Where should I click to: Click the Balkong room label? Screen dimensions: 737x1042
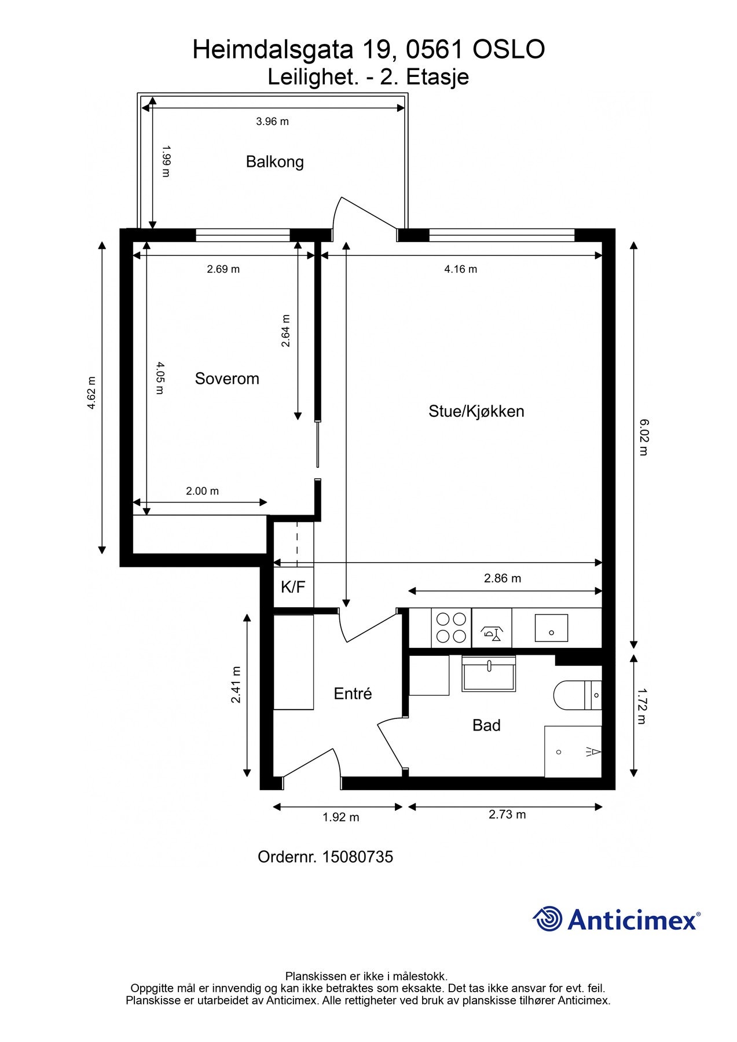pos(274,162)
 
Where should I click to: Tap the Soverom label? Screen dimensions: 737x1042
pos(227,379)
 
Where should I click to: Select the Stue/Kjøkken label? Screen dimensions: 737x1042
pos(476,412)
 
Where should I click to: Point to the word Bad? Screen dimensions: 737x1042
pos(486,725)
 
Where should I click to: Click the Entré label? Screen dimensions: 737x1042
pos(353,694)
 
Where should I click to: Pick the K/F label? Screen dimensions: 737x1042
pos(293,587)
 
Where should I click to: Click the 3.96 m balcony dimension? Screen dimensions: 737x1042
pos(272,122)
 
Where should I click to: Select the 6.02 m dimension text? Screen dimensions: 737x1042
pos(643,438)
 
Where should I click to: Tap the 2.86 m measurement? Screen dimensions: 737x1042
pos(503,578)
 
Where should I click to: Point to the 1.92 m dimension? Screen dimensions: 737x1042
pos(341,817)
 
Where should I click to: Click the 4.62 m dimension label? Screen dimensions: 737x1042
pos(91,393)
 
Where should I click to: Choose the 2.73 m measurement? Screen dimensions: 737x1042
pos(507,814)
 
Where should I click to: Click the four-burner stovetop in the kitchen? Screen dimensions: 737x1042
pos(452,628)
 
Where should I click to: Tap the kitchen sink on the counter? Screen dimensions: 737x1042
pos(551,628)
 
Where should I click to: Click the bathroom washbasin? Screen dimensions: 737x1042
pos(489,674)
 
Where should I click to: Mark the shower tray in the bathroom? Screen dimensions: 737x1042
pos(573,752)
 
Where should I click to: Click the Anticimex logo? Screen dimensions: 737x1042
pos(616,919)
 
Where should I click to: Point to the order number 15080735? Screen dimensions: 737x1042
pos(357,857)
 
